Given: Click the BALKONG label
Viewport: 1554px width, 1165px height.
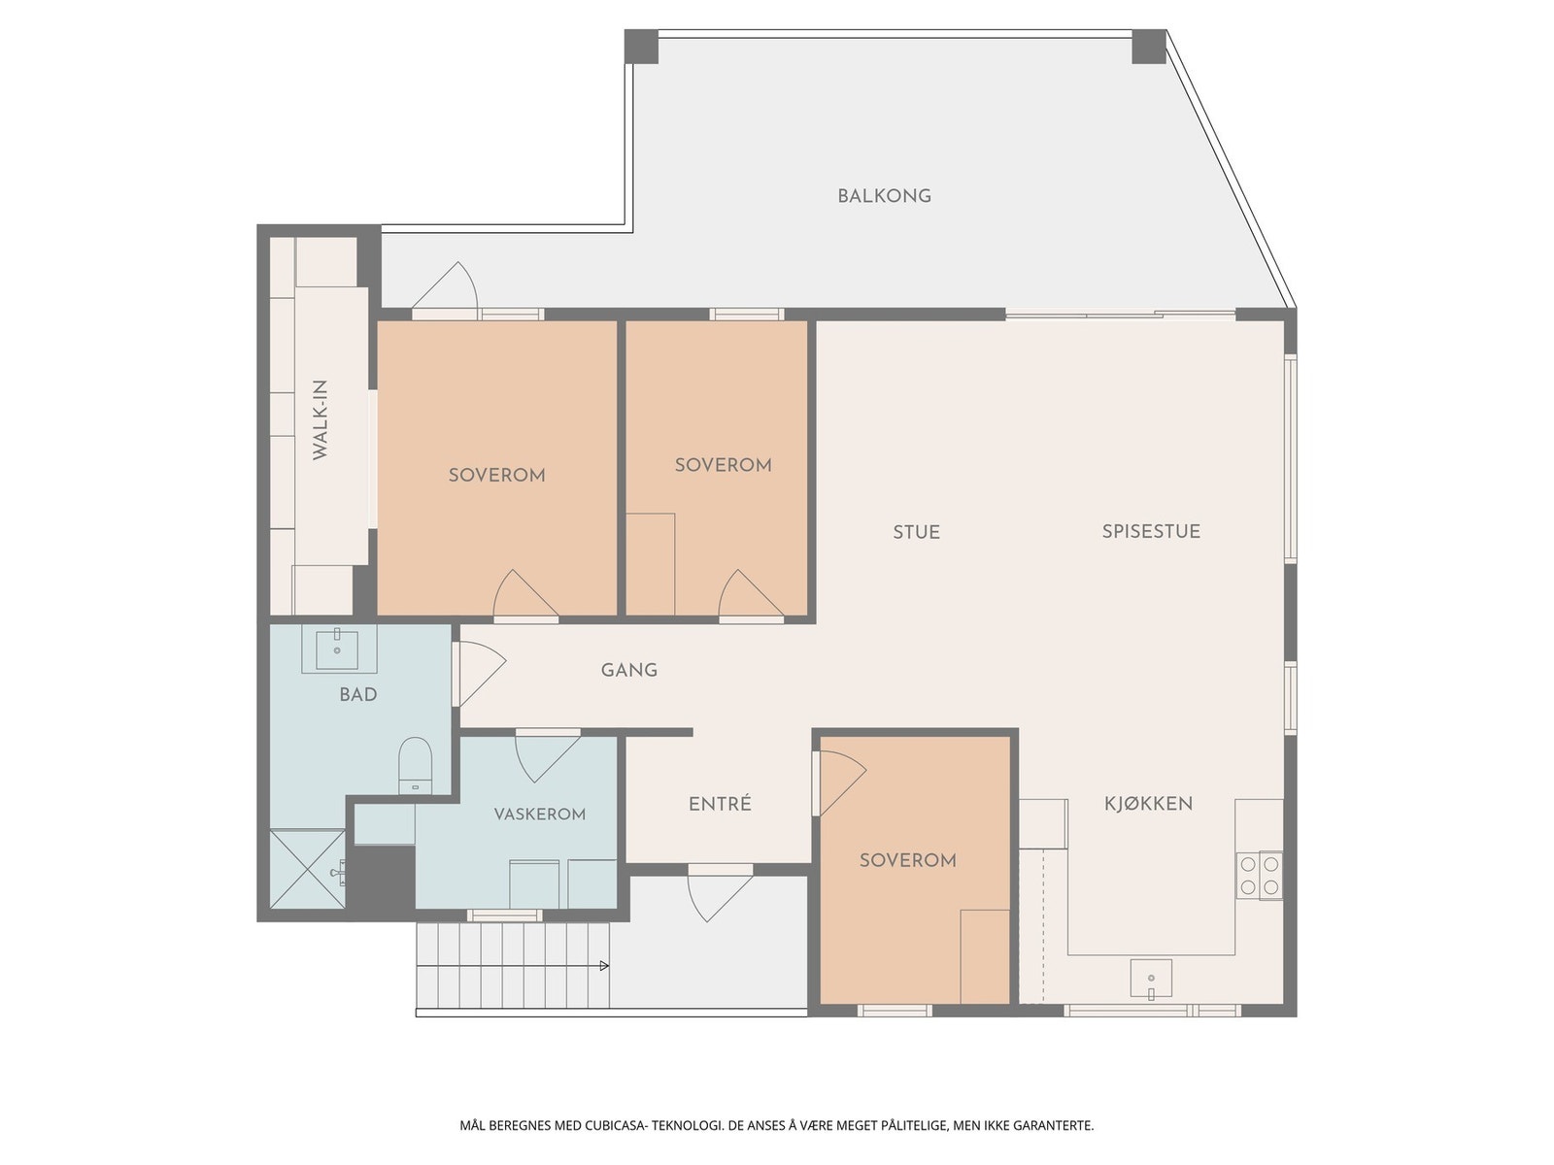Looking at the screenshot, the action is pos(884,196).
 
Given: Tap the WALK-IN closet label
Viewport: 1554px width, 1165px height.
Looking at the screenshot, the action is pos(320,420).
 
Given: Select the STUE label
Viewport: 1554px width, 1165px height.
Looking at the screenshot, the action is pos(916,532).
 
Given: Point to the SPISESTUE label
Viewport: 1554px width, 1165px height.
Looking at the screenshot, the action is pos(1151,531).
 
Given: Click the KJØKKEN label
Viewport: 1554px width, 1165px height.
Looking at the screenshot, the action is pos(1148,803).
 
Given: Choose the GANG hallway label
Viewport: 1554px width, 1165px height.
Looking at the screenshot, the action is pos(628,670).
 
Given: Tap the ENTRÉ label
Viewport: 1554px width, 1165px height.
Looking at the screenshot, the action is pos(720,803).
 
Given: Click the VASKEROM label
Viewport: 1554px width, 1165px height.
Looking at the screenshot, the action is pos(539,815).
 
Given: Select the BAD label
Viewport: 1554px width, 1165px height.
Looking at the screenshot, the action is pos(358,694).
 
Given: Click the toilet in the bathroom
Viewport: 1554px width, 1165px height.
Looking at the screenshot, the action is pos(416,765).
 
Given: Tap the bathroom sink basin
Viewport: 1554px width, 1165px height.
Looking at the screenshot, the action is pos(337,649).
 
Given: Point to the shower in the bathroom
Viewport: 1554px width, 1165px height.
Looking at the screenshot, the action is pos(308,869).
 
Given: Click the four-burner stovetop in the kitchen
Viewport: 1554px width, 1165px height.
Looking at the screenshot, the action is pos(1260,875).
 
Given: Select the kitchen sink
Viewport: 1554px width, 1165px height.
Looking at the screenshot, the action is pos(1151,979).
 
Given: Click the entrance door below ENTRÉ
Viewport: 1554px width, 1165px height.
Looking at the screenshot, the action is pos(720,894).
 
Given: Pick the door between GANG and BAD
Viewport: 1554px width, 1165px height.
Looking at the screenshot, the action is pos(480,674).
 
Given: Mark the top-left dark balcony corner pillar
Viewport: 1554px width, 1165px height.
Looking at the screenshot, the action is pos(641,47).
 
